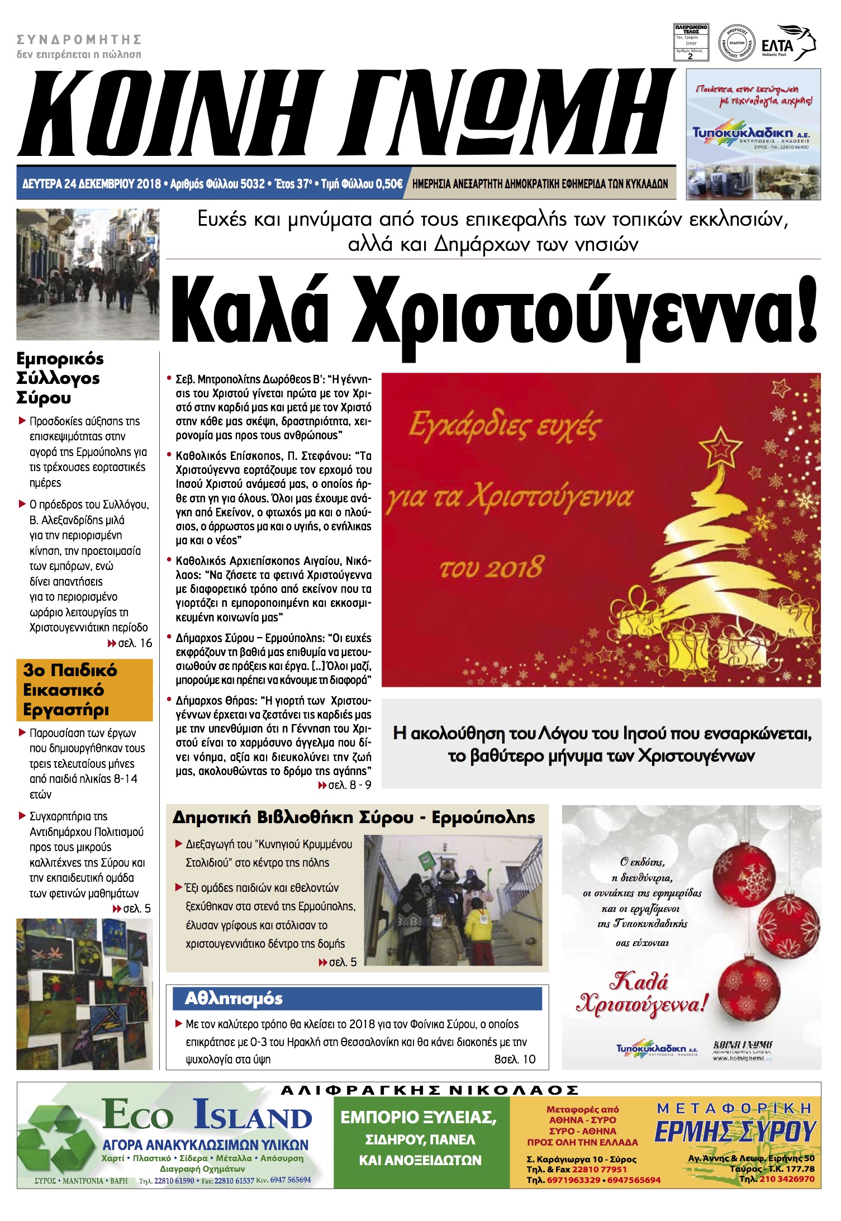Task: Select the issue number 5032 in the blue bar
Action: [x=252, y=184]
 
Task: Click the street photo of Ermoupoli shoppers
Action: [x=88, y=274]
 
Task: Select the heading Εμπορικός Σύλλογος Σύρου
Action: [x=60, y=378]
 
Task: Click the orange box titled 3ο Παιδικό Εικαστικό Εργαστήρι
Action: [x=84, y=690]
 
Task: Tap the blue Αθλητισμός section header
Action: [x=363, y=999]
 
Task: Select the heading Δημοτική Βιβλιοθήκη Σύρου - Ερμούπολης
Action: [x=353, y=818]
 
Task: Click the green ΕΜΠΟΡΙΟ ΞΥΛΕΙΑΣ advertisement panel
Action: [x=421, y=1142]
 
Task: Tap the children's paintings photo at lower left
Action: [x=84, y=994]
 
